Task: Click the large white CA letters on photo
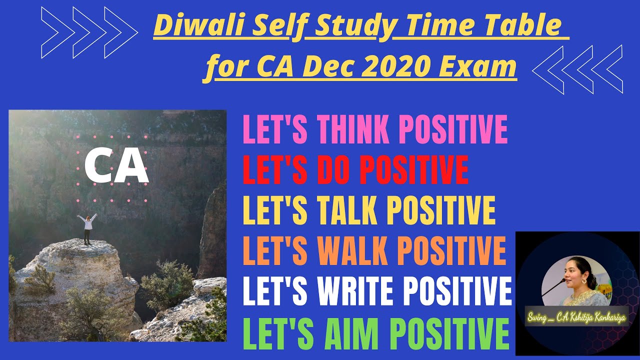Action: coord(116,166)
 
